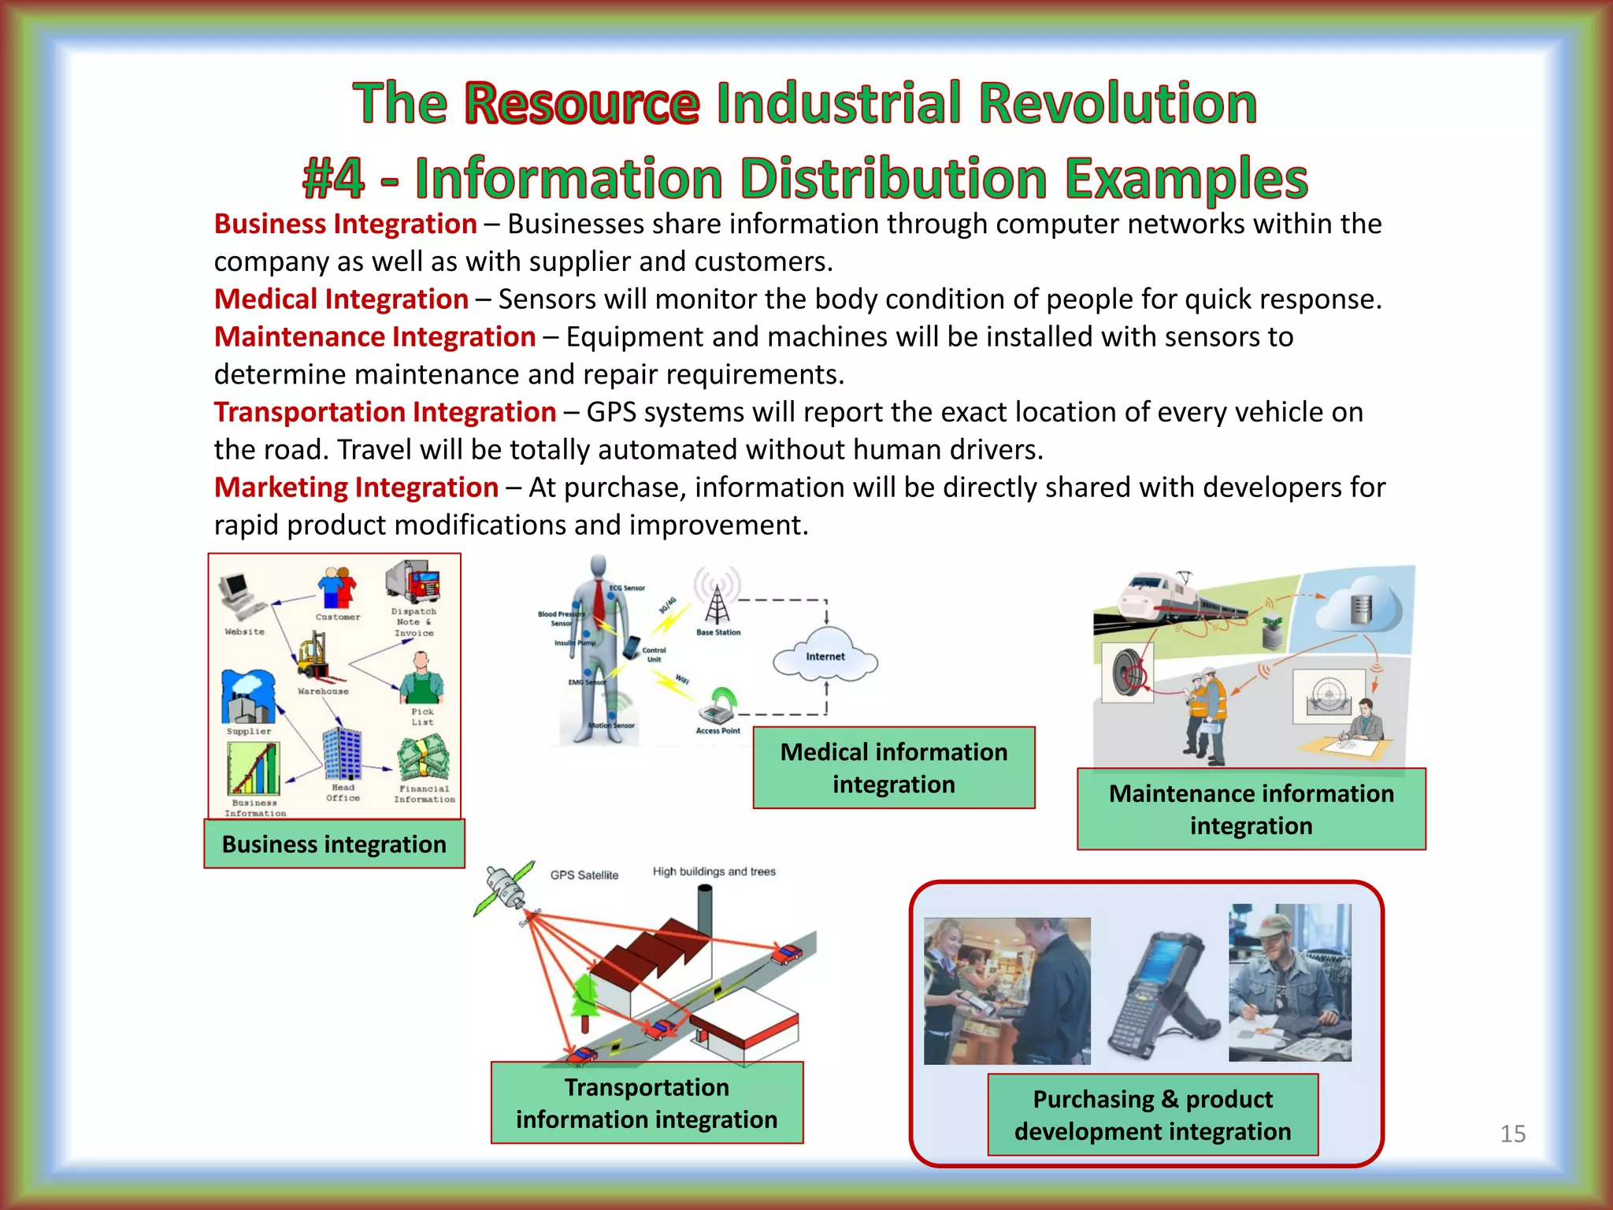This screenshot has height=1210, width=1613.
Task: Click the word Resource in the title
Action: [581, 103]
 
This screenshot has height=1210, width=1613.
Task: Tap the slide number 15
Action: [1512, 1134]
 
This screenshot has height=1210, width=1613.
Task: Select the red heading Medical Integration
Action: [341, 299]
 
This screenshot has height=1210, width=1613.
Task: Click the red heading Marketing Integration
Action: [356, 488]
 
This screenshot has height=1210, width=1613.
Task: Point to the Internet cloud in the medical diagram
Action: [825, 655]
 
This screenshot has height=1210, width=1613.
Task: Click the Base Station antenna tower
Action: [717, 604]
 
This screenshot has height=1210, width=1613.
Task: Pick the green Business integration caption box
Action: [334, 844]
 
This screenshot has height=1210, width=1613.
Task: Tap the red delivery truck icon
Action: [413, 582]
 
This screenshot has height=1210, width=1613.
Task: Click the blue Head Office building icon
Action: [342, 754]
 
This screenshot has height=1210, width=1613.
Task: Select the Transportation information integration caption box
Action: [647, 1103]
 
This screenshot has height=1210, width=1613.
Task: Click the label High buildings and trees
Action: [714, 871]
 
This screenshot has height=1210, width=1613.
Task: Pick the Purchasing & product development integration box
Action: [1152, 1115]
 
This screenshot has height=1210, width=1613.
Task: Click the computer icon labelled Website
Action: [238, 597]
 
